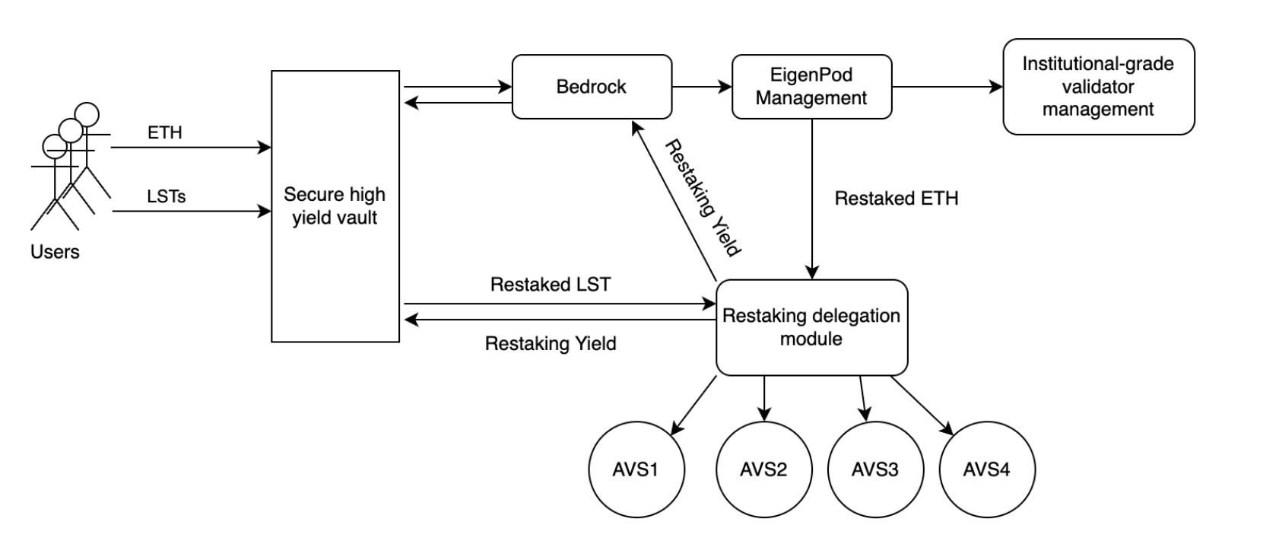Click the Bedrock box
592,87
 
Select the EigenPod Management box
811,87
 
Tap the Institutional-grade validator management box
1098,87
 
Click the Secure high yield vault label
335,206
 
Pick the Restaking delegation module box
811,327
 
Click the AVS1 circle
636,469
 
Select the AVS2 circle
763,469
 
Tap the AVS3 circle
875,469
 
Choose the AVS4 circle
987,469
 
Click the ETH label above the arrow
165,132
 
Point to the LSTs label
167,196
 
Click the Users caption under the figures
55,252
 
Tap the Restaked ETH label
897,199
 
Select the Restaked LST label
551,285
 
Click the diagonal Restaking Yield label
703,197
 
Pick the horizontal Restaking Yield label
551,344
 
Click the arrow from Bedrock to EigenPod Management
701,87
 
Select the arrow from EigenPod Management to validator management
947,87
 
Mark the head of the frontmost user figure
55,145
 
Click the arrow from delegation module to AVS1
693,406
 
